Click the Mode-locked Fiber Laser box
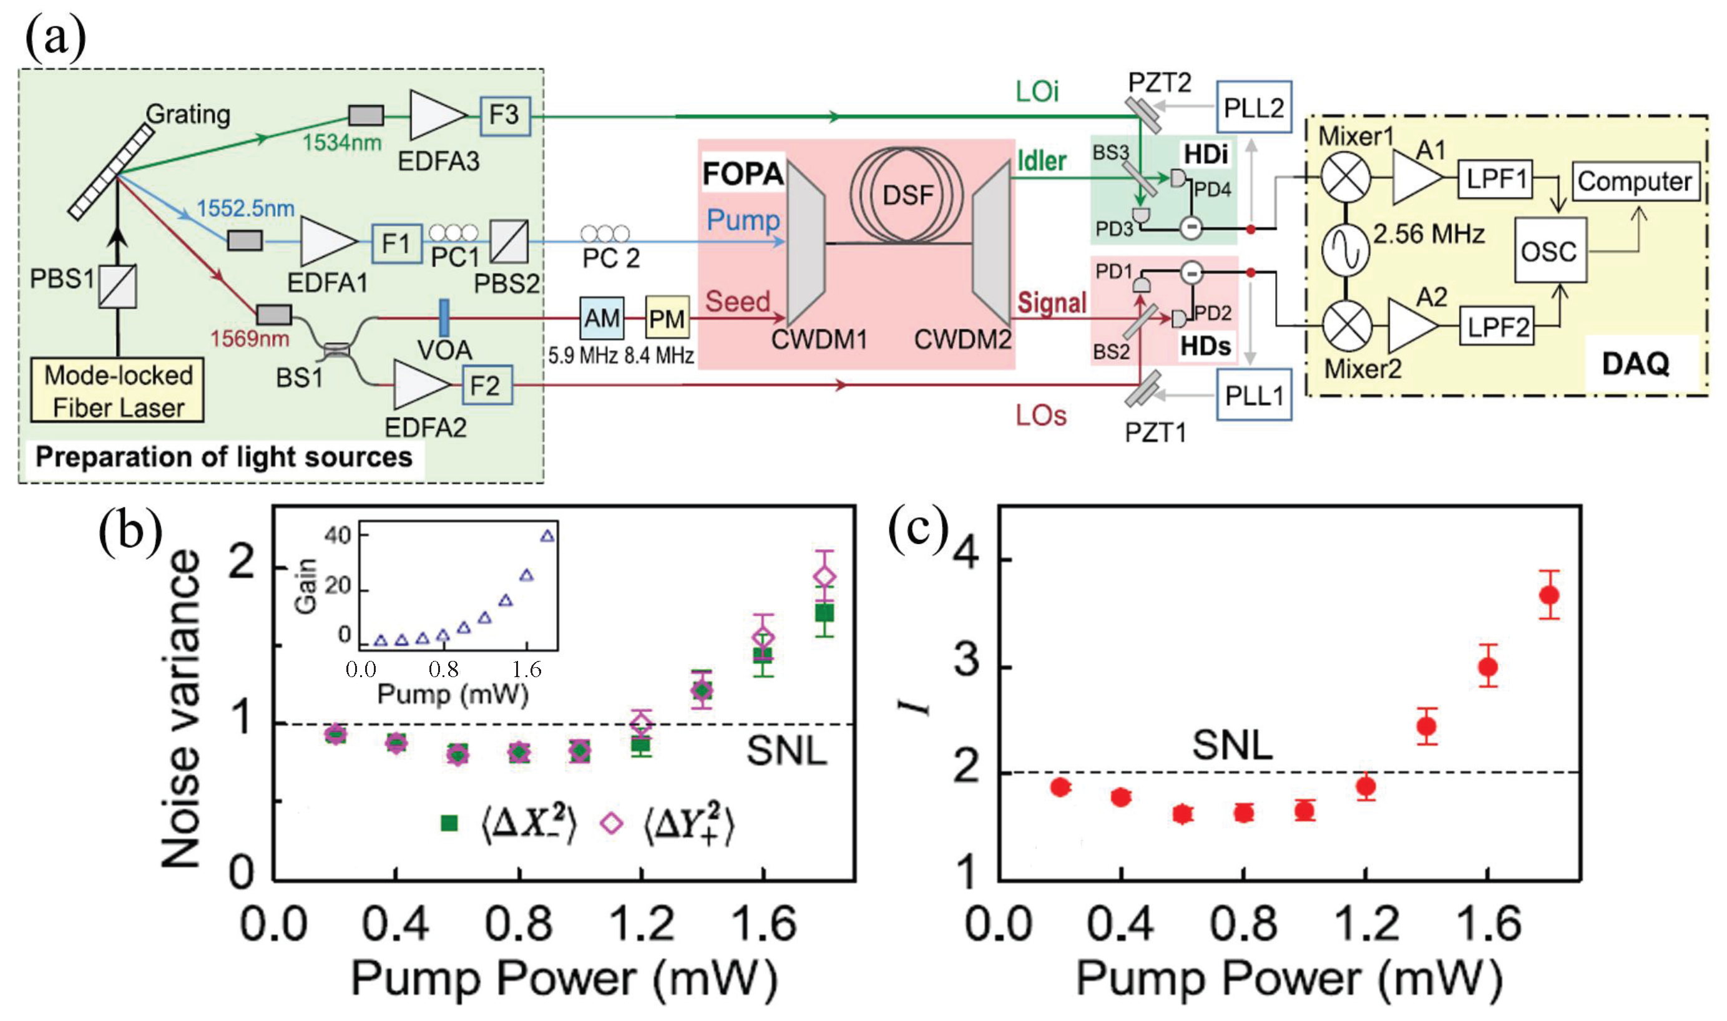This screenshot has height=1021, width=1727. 118,390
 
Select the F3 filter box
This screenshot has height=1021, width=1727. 504,115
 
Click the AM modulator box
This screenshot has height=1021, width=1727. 601,318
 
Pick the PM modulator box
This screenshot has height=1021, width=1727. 667,318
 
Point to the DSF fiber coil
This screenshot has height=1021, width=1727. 907,195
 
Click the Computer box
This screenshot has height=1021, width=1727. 1635,182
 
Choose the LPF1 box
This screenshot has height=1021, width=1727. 1496,180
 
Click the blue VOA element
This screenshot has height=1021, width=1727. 444,318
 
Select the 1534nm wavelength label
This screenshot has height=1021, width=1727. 341,142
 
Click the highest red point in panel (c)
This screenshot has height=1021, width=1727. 1548,595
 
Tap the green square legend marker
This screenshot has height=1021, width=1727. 449,823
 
